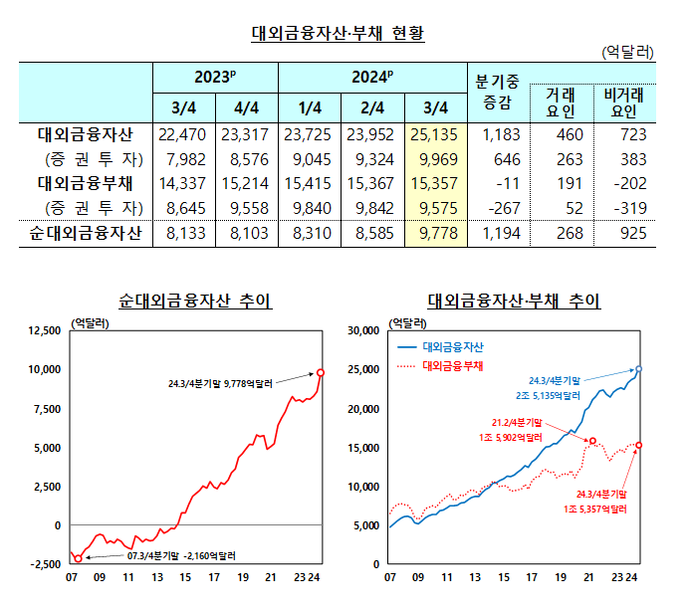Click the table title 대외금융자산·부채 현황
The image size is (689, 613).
pyautogui.click(x=338, y=33)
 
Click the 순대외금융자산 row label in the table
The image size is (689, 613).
pyautogui.click(x=84, y=233)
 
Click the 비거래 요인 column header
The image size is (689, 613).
pyautogui.click(x=625, y=102)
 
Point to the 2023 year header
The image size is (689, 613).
pyautogui.click(x=215, y=76)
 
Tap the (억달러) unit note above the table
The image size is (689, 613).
pyautogui.click(x=628, y=50)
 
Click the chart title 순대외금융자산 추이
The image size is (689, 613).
pyautogui.click(x=195, y=301)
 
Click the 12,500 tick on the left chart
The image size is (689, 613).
pyautogui.click(x=43, y=330)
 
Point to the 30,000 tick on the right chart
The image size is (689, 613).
pyautogui.click(x=361, y=330)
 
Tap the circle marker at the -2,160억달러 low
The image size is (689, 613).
pyautogui.click(x=79, y=558)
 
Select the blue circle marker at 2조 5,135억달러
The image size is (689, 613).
pyautogui.click(x=639, y=368)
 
